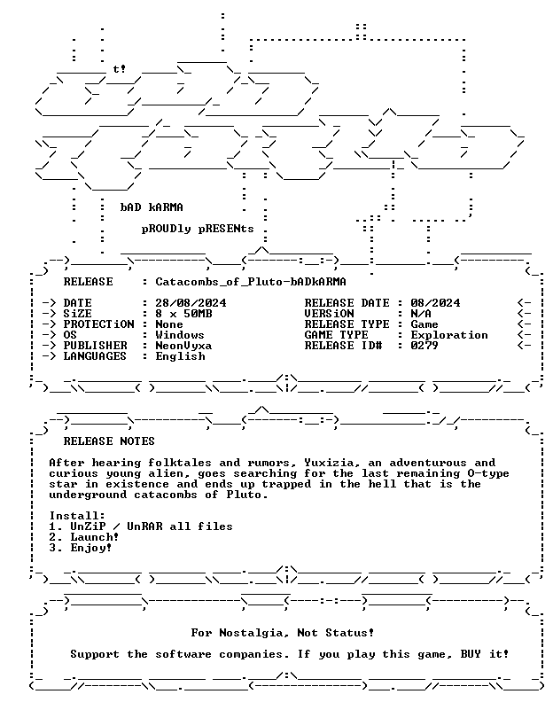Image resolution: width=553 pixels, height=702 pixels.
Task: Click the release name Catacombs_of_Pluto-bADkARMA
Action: pos(251,282)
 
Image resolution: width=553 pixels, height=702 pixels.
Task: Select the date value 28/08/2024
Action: pos(191,303)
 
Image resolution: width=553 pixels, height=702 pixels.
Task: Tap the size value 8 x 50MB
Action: pos(183,314)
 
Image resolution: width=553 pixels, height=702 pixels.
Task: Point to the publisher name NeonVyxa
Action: pos(183,346)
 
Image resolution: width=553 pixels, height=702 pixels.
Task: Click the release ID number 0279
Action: pos(424,346)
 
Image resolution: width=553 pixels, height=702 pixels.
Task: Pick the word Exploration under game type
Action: pos(449,335)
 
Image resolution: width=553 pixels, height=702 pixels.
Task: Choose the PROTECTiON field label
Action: pos(98,324)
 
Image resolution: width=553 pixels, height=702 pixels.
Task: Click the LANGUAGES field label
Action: pos(95,357)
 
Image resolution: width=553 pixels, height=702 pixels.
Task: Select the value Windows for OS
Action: pos(180,335)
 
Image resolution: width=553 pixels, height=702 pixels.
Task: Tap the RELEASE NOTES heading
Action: pos(109,441)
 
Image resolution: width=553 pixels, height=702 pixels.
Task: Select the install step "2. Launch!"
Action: pos(84,537)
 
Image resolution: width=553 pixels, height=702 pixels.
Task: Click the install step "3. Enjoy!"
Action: pos(81,548)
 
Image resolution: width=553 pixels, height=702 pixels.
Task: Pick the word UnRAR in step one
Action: pos(144,526)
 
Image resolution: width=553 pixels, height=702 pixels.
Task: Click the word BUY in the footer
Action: pos(471,654)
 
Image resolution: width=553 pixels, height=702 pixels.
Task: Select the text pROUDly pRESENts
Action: pos(198,229)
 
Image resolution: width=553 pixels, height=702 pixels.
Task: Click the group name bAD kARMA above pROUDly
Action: pos(152,207)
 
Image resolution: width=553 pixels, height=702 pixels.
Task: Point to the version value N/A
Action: pos(421,314)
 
